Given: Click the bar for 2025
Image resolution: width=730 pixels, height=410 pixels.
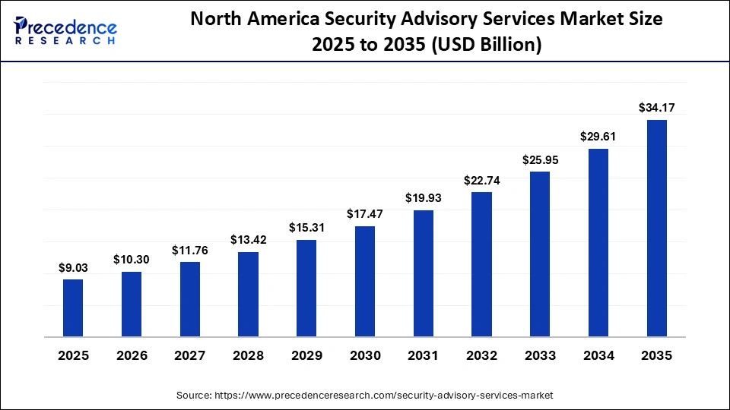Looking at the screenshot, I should coord(73,307).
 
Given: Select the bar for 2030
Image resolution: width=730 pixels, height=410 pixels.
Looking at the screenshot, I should coord(365,281).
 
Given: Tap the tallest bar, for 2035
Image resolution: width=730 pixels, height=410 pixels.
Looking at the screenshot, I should coord(657,228).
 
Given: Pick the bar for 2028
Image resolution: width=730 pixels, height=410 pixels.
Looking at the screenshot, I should coord(248,294).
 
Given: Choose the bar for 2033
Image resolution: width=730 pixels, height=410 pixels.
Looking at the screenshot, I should coord(540,254).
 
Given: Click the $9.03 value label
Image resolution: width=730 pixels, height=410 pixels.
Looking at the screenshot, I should coord(73,268).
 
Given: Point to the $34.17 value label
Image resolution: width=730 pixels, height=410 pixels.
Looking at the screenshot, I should coord(657,109).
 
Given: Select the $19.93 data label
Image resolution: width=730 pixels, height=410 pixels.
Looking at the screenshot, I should coord(424,199).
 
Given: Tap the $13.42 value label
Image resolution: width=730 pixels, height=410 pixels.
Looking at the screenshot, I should coord(248,241).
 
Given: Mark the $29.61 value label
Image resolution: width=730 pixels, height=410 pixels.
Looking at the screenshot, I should coord(598,137).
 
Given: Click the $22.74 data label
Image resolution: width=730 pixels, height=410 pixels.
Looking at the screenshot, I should coord(481,181).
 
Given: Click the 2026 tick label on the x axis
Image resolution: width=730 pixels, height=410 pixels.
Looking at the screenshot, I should coord(132,355).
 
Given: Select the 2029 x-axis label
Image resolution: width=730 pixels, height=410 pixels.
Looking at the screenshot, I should coord(306,355).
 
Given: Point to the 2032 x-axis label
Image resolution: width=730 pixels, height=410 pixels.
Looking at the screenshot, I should coord(481,355).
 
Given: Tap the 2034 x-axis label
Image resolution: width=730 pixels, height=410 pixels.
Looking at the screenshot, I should coord(598,355).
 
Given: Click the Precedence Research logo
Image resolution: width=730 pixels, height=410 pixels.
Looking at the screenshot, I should coord(65,30).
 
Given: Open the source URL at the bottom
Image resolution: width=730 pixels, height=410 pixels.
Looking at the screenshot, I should coord(365,396).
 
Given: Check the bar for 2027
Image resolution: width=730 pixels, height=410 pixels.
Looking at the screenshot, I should coord(190,299).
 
